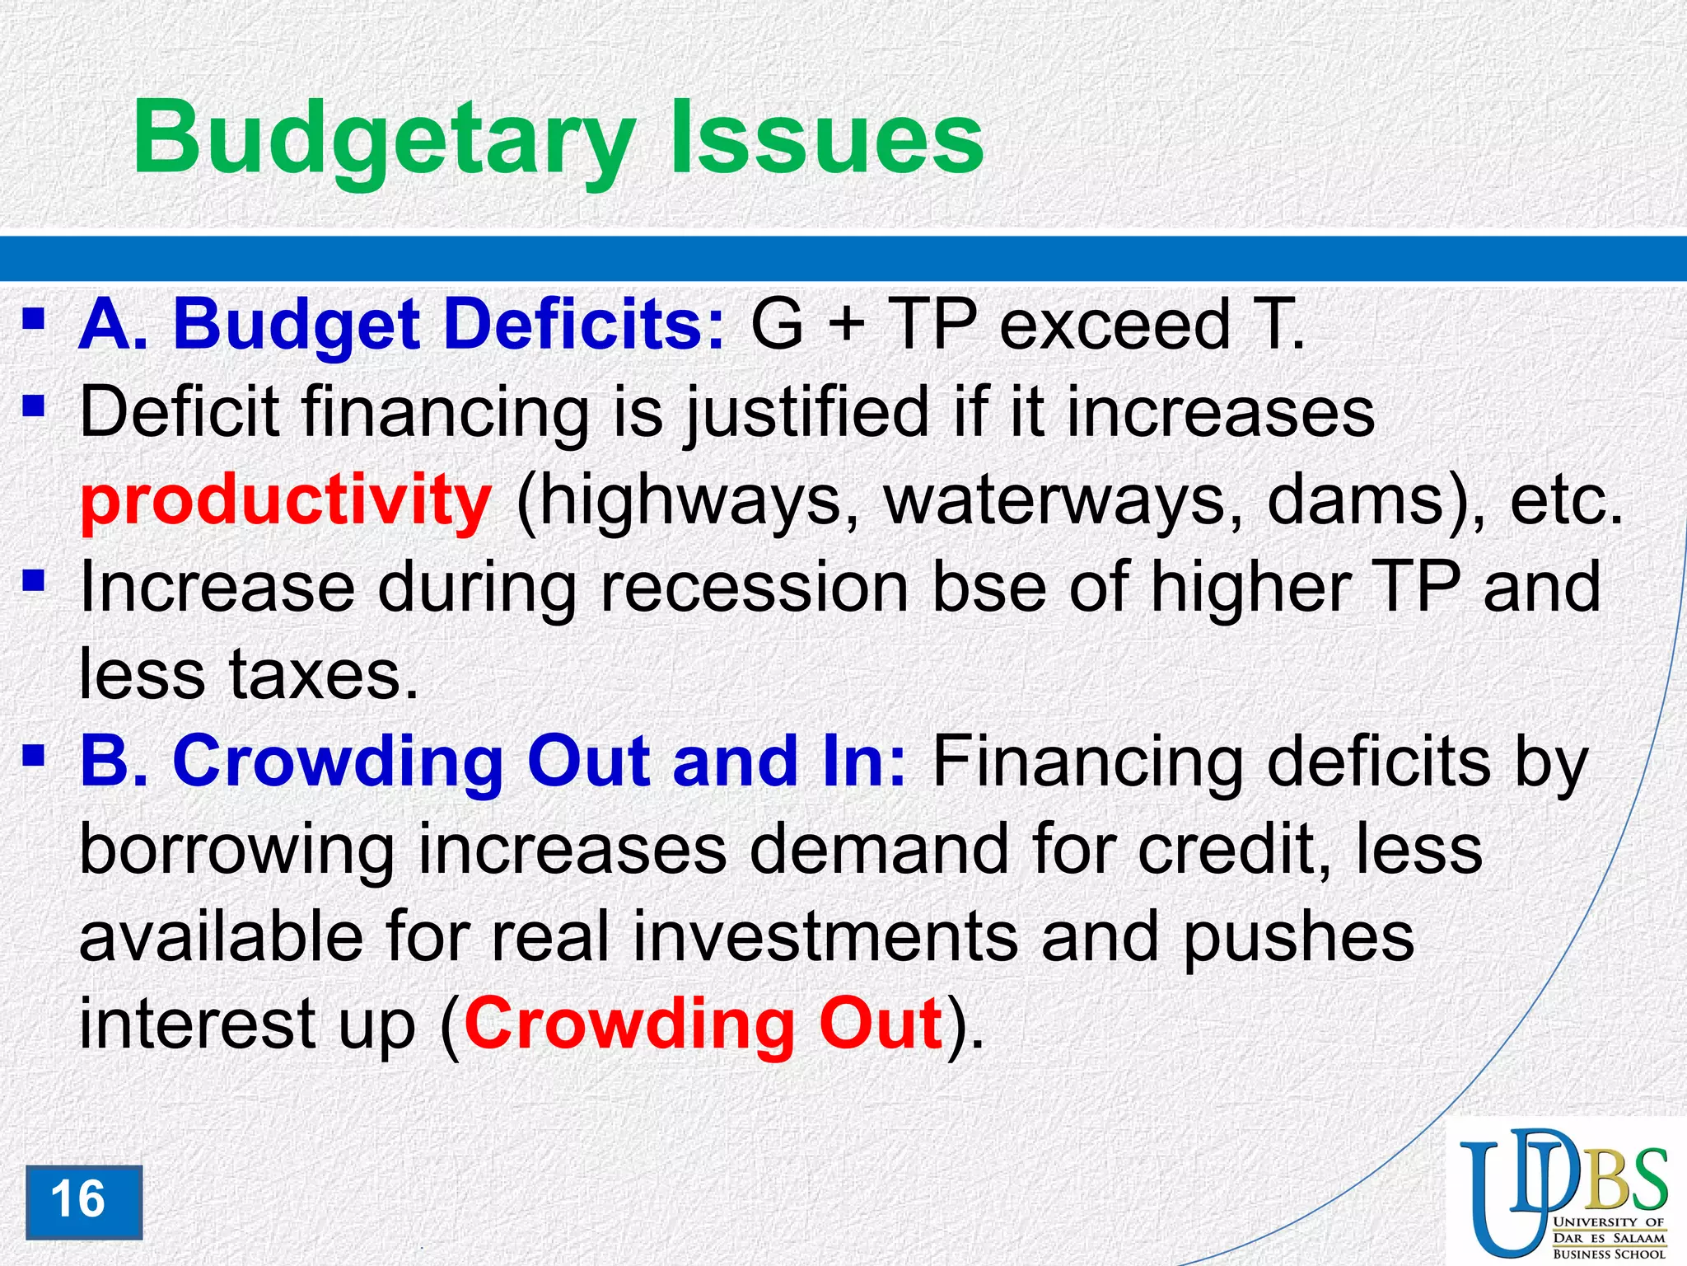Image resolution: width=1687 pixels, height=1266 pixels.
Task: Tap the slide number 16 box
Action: point(83,1202)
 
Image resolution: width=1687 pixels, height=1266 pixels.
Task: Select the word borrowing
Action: point(237,850)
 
